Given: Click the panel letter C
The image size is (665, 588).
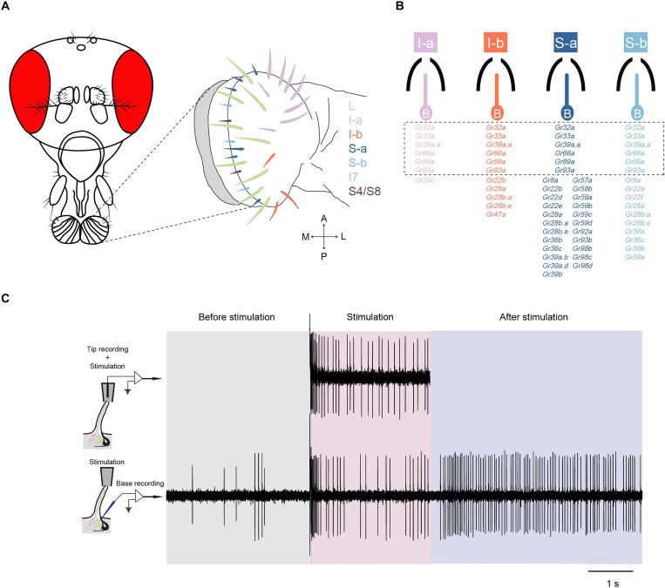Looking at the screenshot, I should coord(8,299).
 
